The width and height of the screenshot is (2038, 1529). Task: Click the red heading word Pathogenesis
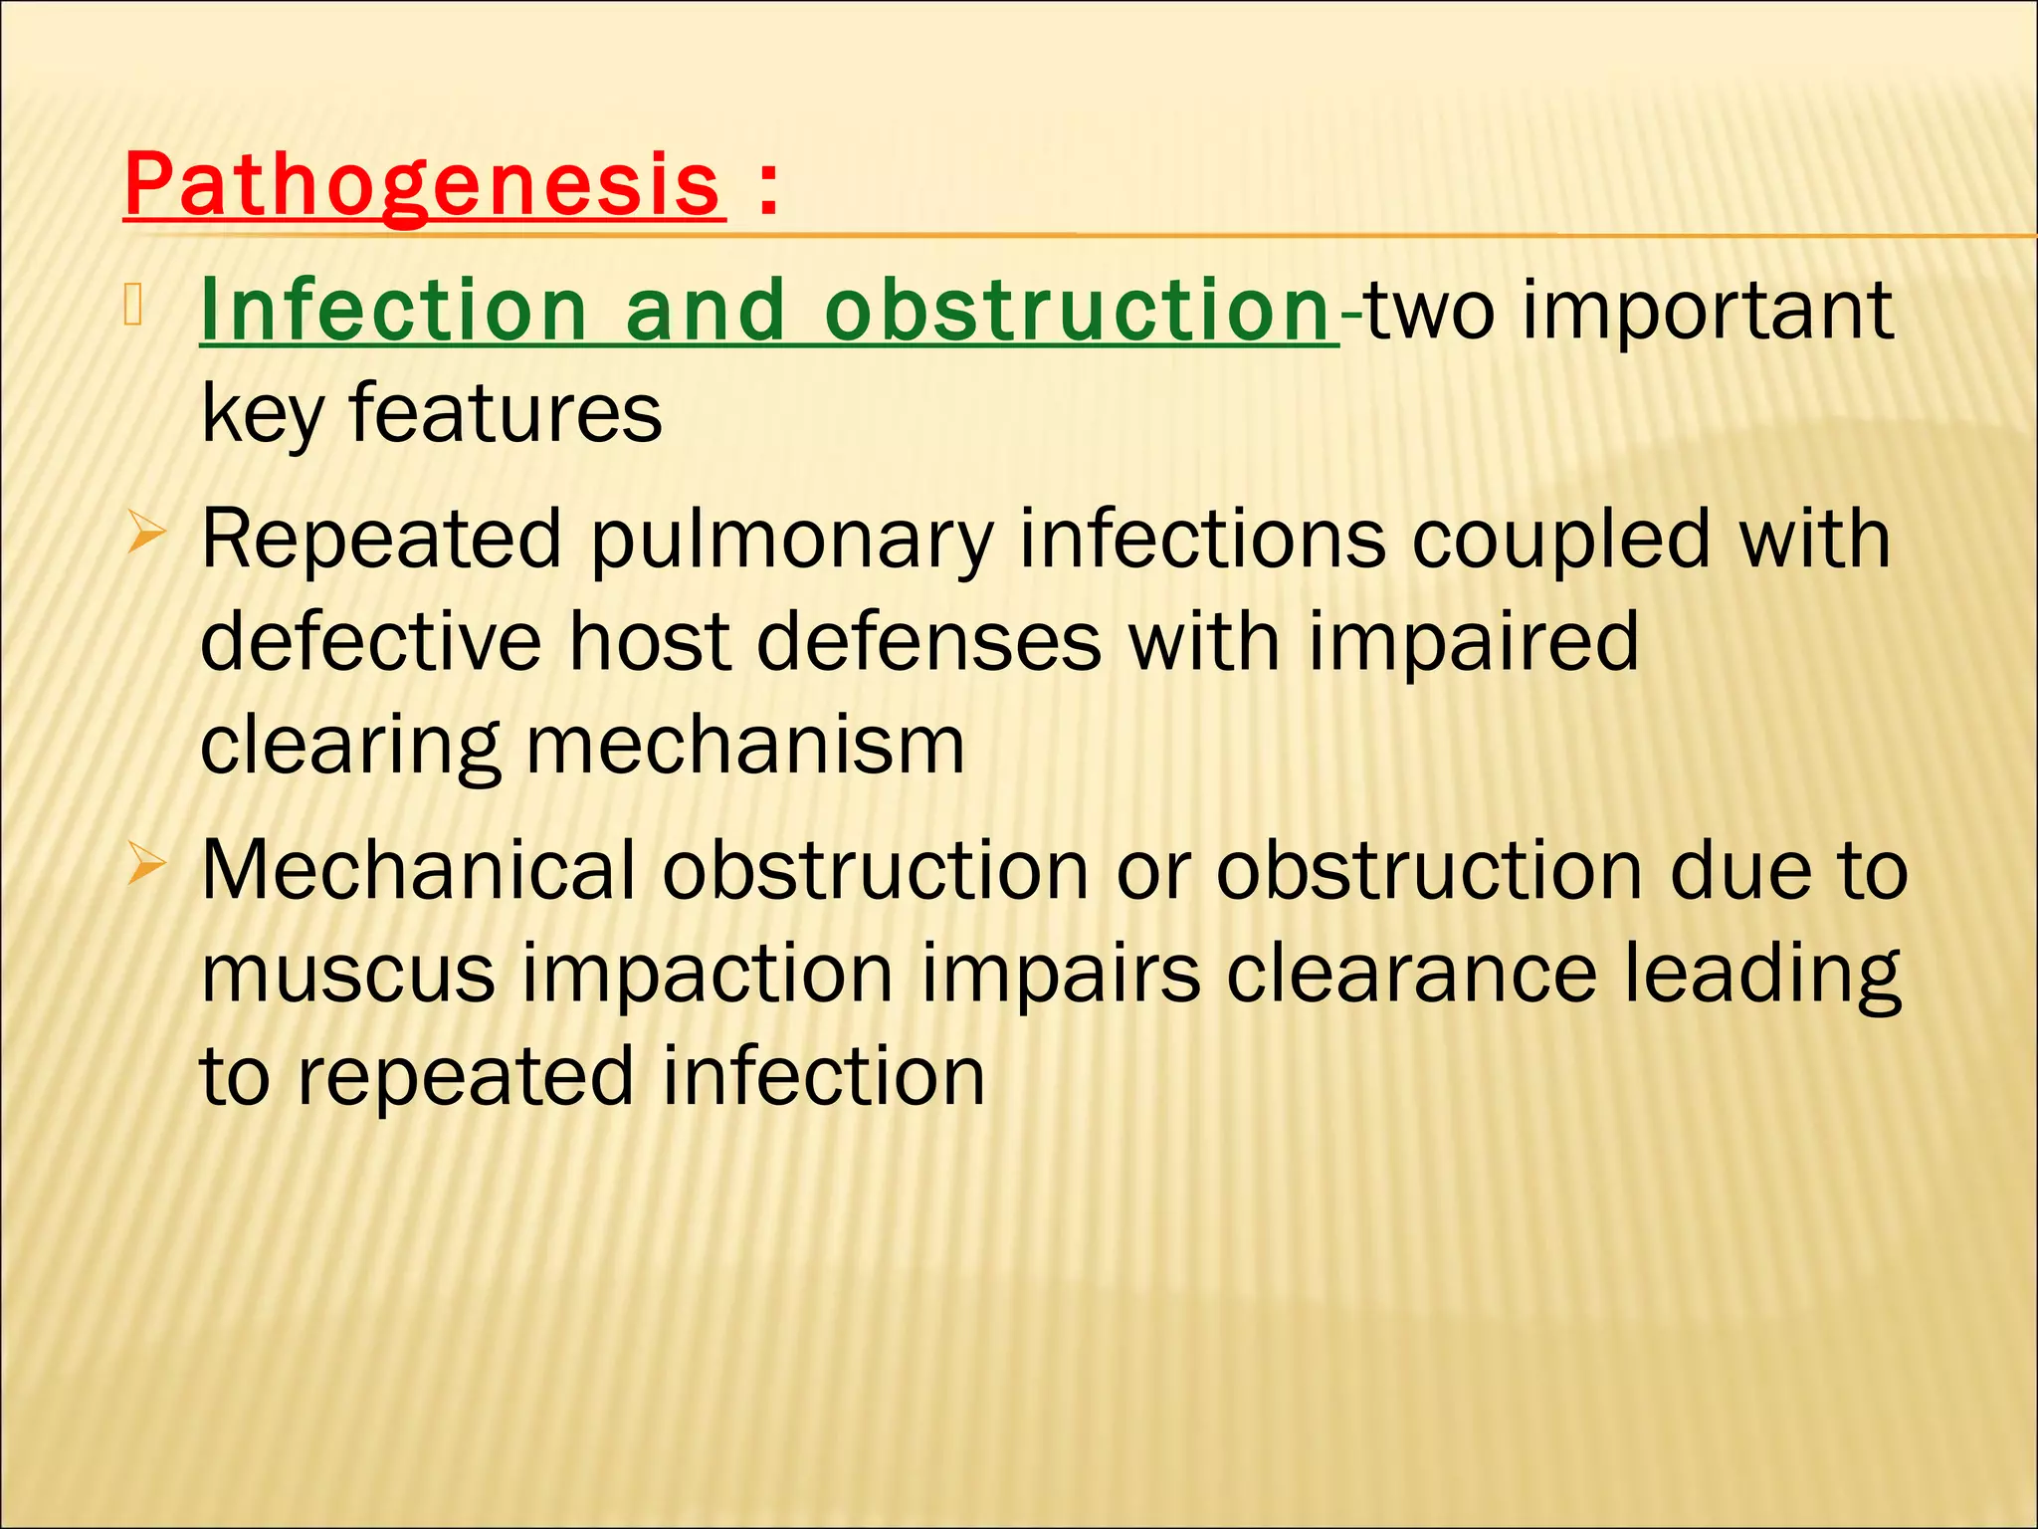423,185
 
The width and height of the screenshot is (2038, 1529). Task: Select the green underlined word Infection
393,310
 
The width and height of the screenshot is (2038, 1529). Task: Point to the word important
1707,310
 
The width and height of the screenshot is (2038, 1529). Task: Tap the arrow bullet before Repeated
145,538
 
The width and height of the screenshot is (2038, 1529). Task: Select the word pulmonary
791,540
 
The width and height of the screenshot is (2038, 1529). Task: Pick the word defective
370,642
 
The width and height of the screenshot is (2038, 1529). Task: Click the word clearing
349,746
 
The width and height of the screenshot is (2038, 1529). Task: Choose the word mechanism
744,746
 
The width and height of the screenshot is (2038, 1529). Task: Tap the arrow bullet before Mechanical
145,869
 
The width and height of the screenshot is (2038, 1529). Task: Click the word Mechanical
418,871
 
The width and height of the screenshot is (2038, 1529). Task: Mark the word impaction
708,976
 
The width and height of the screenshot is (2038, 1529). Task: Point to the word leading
1762,976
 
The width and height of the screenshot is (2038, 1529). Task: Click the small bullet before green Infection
136,304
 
